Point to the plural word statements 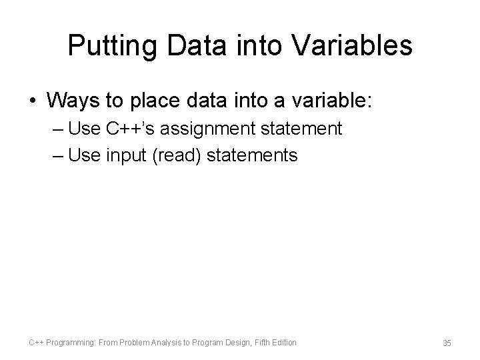click(253, 155)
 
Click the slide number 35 click(447, 343)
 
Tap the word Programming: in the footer click(71, 343)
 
